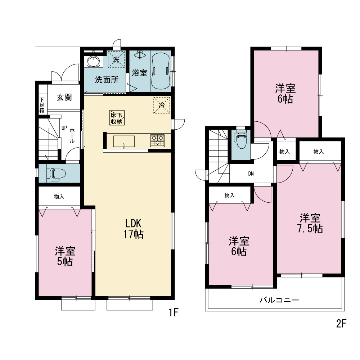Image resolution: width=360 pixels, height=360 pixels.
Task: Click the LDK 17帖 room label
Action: click(x=134, y=229)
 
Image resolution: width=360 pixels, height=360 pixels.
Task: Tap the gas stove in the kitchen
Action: click(x=158, y=140)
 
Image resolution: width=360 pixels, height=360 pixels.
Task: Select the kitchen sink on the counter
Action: click(x=124, y=141)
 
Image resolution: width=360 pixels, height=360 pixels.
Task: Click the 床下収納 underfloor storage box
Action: click(x=117, y=118)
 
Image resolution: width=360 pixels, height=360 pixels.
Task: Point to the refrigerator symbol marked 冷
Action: click(x=162, y=105)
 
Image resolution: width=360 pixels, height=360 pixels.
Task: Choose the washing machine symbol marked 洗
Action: click(x=116, y=59)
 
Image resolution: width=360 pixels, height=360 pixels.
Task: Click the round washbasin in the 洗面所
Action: click(x=93, y=61)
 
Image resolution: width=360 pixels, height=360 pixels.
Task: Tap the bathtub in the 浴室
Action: click(x=161, y=71)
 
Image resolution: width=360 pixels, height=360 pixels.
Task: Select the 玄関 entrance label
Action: click(x=64, y=97)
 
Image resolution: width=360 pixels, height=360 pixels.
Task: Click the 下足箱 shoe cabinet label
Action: click(x=41, y=105)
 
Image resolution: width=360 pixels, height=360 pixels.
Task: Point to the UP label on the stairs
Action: click(x=64, y=128)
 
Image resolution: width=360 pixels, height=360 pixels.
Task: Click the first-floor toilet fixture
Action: click(x=56, y=174)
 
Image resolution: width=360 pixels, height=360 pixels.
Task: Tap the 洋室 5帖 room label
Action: click(x=65, y=256)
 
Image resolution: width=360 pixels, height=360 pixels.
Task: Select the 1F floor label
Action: click(x=174, y=312)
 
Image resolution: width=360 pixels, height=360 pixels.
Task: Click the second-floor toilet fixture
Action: click(x=240, y=140)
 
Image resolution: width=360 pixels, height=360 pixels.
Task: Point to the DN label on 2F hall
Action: click(x=251, y=174)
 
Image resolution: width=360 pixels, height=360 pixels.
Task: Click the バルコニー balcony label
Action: click(x=279, y=300)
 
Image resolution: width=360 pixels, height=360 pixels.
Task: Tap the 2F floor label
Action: click(x=341, y=324)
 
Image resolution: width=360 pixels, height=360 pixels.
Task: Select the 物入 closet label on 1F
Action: click(x=59, y=197)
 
